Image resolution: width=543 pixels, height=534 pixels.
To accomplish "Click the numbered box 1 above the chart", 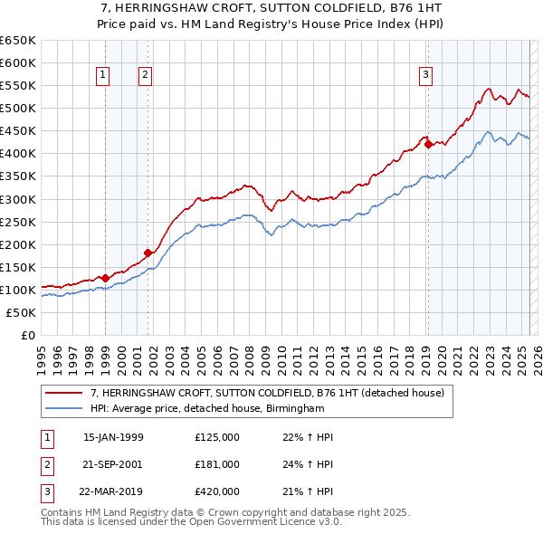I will pyautogui.click(x=104, y=76).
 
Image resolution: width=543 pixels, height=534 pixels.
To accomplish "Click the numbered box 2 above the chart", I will pyautogui.click(x=145, y=76).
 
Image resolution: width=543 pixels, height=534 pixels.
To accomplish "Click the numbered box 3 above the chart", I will pyautogui.click(x=425, y=76).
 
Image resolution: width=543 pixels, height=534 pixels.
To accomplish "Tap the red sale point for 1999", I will pyautogui.click(x=105, y=278).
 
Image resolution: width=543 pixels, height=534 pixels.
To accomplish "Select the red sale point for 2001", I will pyautogui.click(x=148, y=253).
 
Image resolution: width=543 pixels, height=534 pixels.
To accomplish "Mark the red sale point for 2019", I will pyautogui.click(x=428, y=144).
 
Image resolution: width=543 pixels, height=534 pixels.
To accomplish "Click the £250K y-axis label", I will pyautogui.click(x=20, y=222).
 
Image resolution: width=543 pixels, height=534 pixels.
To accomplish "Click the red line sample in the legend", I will pyautogui.click(x=62, y=394).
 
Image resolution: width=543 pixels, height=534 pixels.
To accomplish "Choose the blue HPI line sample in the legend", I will pyautogui.click(x=62, y=409).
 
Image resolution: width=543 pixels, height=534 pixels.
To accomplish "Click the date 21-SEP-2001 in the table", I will pyautogui.click(x=114, y=464).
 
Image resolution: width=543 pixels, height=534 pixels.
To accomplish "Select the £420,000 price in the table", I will pyautogui.click(x=217, y=491).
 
